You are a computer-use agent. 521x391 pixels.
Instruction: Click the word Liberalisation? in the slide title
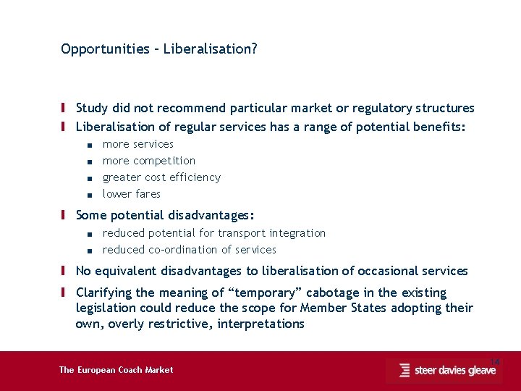[211, 49]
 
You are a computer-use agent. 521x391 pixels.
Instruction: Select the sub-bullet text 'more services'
[137, 144]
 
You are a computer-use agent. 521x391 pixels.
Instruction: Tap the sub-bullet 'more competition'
[148, 161]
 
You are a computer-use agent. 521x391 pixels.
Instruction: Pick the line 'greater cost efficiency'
[161, 177]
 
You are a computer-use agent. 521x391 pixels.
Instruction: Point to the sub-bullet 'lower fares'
[131, 194]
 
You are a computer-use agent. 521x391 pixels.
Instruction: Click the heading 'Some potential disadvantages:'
[165, 215]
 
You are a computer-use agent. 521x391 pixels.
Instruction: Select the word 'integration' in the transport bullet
[297, 233]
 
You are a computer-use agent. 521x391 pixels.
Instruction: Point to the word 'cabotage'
[333, 293]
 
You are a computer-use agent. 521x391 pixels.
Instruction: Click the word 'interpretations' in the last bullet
[258, 324]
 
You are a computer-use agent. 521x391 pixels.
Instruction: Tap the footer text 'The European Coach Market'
[116, 370]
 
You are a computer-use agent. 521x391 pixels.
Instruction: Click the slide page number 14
[495, 361]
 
